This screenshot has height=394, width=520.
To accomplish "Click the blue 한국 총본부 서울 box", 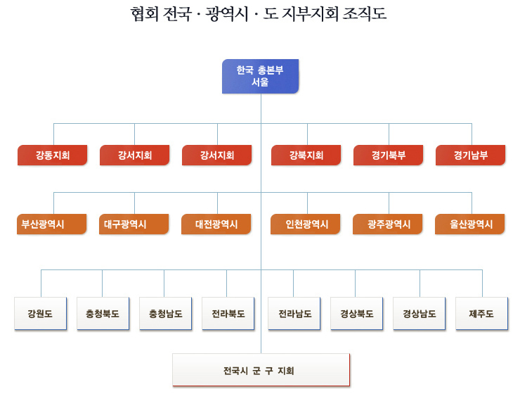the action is pos(260,77).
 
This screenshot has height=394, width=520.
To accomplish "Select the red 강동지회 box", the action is pos(53,155).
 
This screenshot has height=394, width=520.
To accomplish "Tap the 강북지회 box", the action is pos(306,155).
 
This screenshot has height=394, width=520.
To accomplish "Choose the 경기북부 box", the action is pos(389,155).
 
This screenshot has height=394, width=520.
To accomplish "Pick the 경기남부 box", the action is pos(471,155).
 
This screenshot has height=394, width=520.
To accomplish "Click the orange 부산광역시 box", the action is pos(52,224).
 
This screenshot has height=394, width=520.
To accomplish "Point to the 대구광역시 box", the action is pos(134,224).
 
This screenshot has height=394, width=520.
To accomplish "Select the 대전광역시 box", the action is pos(216,224).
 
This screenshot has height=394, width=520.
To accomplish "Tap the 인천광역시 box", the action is pos(306,224).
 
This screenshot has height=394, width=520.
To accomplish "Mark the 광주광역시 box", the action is pos(388,224).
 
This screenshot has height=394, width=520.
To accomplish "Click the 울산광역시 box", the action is pos(470,224).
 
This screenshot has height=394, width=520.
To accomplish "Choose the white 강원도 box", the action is pos(41,314).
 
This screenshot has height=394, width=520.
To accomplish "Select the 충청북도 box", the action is pos(103,314).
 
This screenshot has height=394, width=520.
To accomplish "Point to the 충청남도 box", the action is pos(165,314).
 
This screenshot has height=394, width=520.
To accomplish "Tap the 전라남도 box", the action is pos(294,314).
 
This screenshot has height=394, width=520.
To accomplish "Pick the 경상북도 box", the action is pos(357,314).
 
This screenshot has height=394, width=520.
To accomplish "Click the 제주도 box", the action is pos(482,314).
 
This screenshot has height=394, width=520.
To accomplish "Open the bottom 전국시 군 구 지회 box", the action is pos(261,370).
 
